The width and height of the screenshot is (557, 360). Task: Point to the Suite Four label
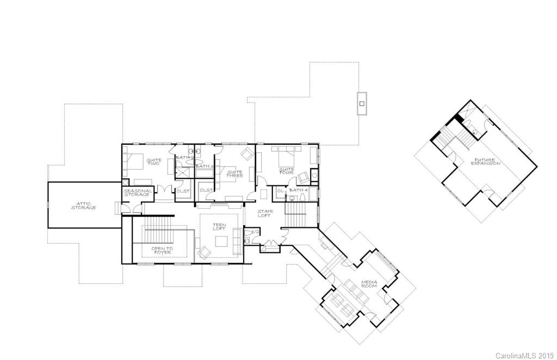pyautogui.click(x=286, y=171)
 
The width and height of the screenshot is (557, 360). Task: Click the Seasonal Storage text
pyautogui.click(x=137, y=193)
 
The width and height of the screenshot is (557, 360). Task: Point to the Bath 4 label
pyautogui.click(x=298, y=190)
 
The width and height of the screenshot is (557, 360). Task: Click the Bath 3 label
pyautogui.click(x=202, y=166)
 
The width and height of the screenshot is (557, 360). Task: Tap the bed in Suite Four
pyautogui.click(x=284, y=157)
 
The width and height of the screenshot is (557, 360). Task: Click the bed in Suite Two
pyautogui.click(x=135, y=161)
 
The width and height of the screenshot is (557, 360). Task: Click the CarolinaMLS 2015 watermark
pyautogui.click(x=524, y=355)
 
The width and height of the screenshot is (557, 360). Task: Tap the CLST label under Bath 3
pyautogui.click(x=206, y=190)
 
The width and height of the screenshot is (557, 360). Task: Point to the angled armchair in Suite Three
pyautogui.click(x=247, y=154)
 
